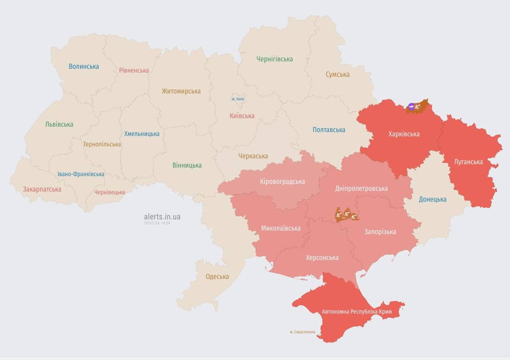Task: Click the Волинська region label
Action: (84, 67)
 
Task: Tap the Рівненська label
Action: (134, 70)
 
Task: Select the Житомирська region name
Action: (181, 91)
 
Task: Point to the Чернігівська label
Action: (274, 59)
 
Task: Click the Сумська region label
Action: (337, 75)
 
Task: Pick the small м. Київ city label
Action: (238, 99)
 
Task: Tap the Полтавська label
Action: (329, 130)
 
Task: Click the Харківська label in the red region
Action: (403, 134)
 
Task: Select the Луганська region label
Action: (468, 162)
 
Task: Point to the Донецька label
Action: (432, 199)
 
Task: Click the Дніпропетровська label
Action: (361, 188)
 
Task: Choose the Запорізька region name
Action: (380, 232)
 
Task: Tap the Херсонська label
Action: (322, 258)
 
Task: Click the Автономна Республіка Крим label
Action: (357, 312)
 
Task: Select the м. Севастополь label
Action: (303, 332)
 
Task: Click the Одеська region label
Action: (217, 277)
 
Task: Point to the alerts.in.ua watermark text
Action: (162, 217)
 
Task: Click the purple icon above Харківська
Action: (411, 107)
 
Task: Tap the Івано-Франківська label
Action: (81, 174)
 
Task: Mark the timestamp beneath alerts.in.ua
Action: (157, 223)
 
